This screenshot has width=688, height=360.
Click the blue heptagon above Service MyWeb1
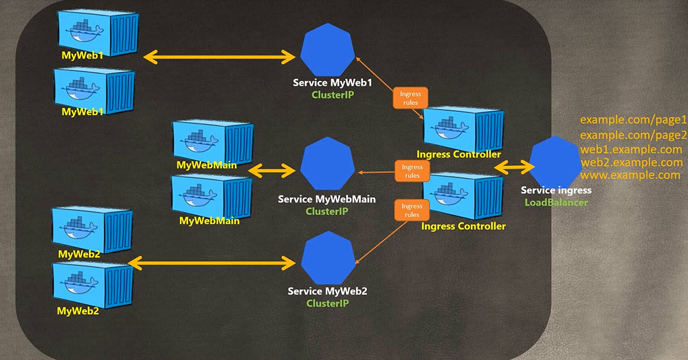pyautogui.click(x=327, y=50)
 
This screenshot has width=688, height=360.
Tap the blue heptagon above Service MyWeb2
pyautogui.click(x=327, y=260)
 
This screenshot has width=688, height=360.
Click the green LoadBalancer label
pyautogui.click(x=556, y=202)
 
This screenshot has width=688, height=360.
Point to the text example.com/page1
pyautogui.click(x=633, y=120)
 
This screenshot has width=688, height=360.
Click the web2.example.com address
pyautogui.click(x=631, y=162)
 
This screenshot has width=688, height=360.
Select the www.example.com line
pyautogui.click(x=630, y=175)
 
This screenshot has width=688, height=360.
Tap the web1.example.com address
pyautogui.click(x=631, y=149)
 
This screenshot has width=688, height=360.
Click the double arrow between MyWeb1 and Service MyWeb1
pyautogui.click(x=220, y=58)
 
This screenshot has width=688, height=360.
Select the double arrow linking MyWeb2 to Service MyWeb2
pyautogui.click(x=215, y=261)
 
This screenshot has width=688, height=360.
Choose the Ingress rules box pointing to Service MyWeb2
pyautogui.click(x=411, y=210)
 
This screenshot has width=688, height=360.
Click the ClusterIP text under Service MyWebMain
pyautogui.click(x=327, y=211)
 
